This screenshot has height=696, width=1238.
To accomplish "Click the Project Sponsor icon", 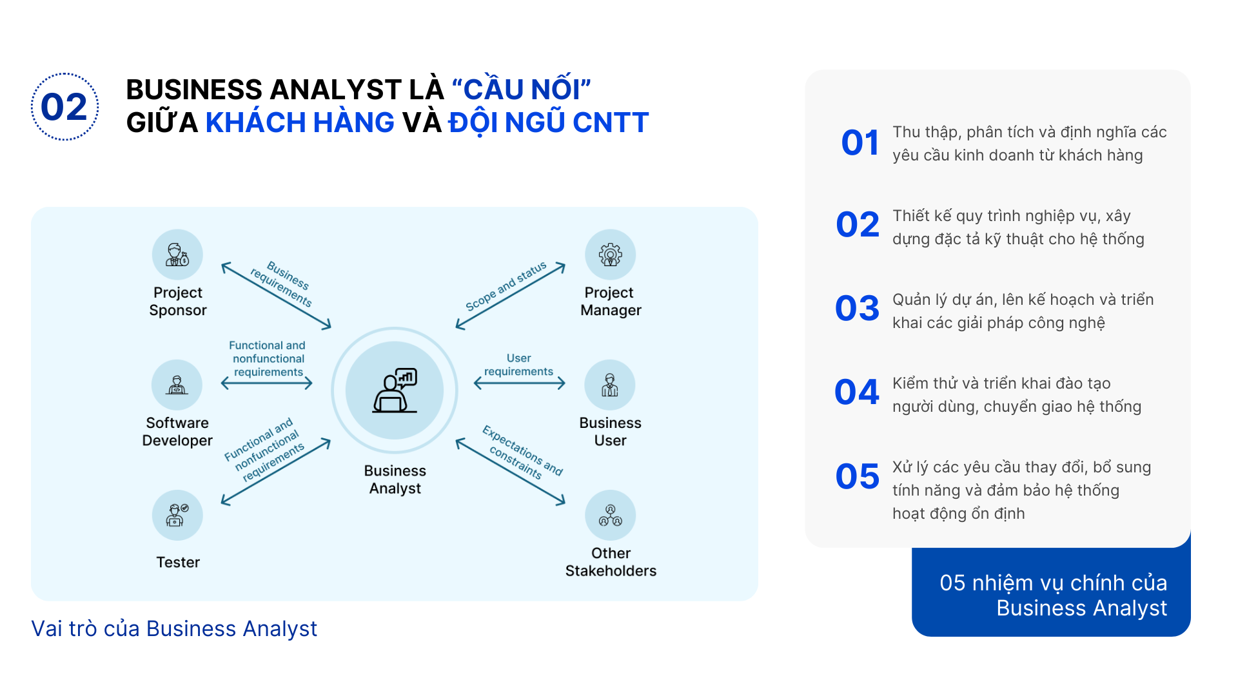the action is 177,255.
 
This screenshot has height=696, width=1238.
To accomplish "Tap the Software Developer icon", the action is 177,385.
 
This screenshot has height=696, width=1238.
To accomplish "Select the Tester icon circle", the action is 177,515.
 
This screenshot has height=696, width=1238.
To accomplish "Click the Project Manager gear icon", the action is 610,255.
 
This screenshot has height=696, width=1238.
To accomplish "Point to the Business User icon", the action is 610,385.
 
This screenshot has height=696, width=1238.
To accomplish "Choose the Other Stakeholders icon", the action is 610,515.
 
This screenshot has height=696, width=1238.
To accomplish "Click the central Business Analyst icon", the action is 395,391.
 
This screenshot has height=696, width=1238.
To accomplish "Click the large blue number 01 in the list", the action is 860,142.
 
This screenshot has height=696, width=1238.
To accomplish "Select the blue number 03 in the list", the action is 857,308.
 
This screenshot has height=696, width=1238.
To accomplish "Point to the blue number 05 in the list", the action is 857,476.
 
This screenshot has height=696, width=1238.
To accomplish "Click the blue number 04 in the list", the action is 857,392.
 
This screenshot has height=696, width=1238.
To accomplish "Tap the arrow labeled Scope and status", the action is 511,296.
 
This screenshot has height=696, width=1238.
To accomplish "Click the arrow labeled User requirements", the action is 520,383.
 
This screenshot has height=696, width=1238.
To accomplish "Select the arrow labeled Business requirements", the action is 276,296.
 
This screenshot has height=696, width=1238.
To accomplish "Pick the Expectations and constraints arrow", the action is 511,472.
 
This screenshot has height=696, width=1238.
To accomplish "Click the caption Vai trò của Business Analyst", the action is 174,628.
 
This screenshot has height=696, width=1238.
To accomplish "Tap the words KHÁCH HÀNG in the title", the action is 300,122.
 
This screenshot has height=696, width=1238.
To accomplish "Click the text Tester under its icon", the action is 178,562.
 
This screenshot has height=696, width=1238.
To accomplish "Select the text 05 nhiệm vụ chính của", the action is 1053,583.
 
